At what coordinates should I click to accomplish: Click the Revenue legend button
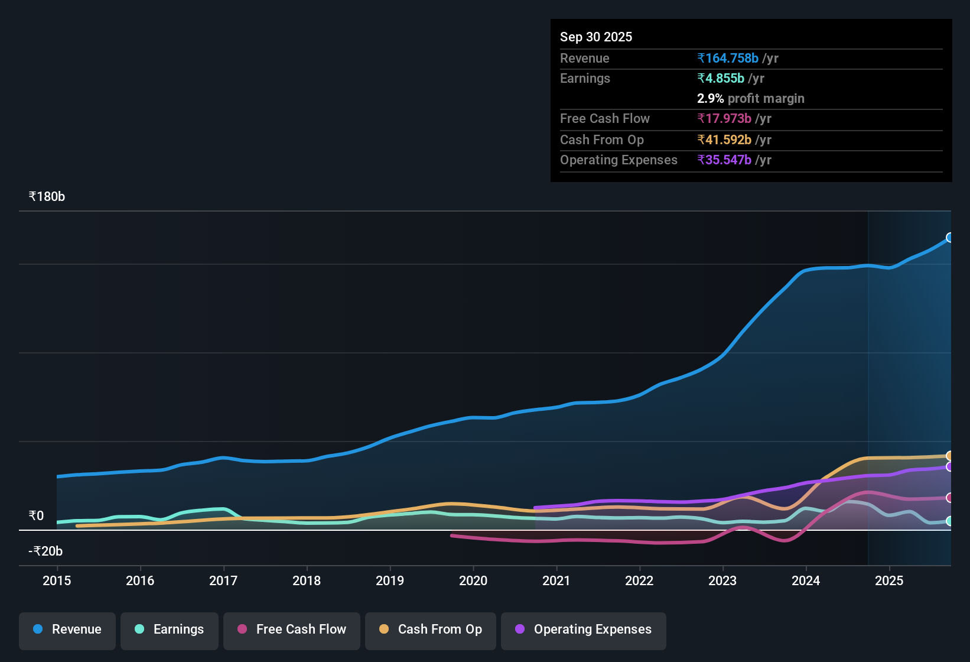(x=67, y=629)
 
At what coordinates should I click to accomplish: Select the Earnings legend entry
(x=170, y=629)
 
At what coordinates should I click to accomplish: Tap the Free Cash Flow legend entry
(x=292, y=629)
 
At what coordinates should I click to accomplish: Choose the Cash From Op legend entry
(x=431, y=629)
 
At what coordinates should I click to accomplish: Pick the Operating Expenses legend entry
(x=584, y=629)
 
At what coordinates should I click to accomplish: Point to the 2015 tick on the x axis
(x=57, y=580)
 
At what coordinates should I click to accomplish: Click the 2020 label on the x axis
(x=473, y=580)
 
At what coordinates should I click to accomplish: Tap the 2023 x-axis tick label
(x=722, y=580)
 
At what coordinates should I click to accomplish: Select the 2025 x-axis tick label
(x=889, y=580)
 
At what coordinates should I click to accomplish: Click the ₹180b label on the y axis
(x=47, y=196)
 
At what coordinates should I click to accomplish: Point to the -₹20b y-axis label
(x=45, y=551)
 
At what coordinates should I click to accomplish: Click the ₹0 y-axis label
(x=37, y=515)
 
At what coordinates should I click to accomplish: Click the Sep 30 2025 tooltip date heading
(x=596, y=37)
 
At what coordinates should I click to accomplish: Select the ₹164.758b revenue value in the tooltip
(x=728, y=58)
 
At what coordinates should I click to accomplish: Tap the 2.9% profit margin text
(x=750, y=98)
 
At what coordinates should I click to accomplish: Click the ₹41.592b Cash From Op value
(x=724, y=139)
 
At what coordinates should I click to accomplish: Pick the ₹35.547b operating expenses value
(x=724, y=160)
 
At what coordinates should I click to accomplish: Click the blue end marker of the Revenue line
(x=949, y=238)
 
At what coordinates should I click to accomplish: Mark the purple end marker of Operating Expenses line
(x=949, y=467)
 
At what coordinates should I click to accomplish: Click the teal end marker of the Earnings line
(x=949, y=521)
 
